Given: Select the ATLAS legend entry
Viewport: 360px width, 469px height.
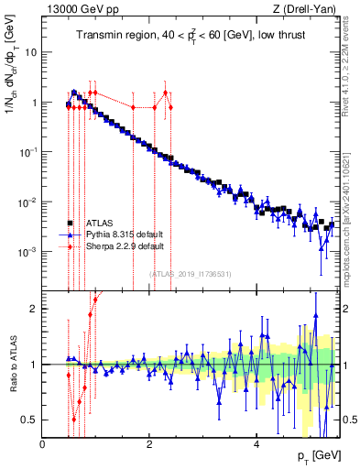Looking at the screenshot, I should pyautogui.click(x=101, y=223).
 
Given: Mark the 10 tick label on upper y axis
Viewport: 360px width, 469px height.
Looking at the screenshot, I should pyautogui.click(x=30, y=52).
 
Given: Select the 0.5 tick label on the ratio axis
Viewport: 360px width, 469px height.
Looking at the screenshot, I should pyautogui.click(x=29, y=420).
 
